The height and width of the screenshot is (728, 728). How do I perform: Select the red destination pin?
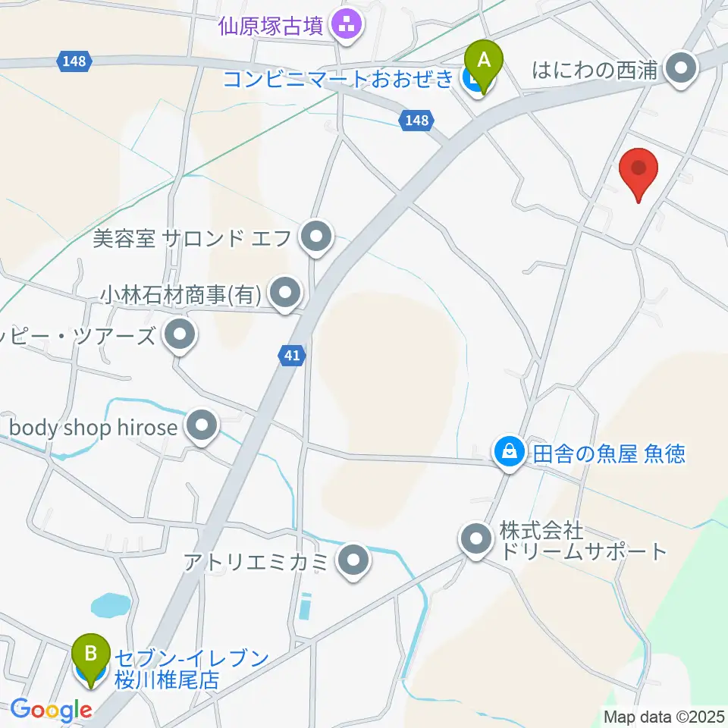click(639, 173)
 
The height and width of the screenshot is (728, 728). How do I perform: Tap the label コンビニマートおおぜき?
click(338, 78)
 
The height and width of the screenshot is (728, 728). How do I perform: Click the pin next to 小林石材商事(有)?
click(285, 292)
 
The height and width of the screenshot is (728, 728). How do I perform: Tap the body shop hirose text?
click(93, 428)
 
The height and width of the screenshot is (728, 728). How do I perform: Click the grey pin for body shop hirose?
click(202, 427)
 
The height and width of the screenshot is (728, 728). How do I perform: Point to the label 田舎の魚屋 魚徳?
click(609, 453)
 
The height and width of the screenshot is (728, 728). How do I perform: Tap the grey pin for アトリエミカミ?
click(352, 562)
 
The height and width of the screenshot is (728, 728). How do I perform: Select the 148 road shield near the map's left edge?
click(74, 61)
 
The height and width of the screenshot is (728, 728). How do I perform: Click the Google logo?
click(51, 711)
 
